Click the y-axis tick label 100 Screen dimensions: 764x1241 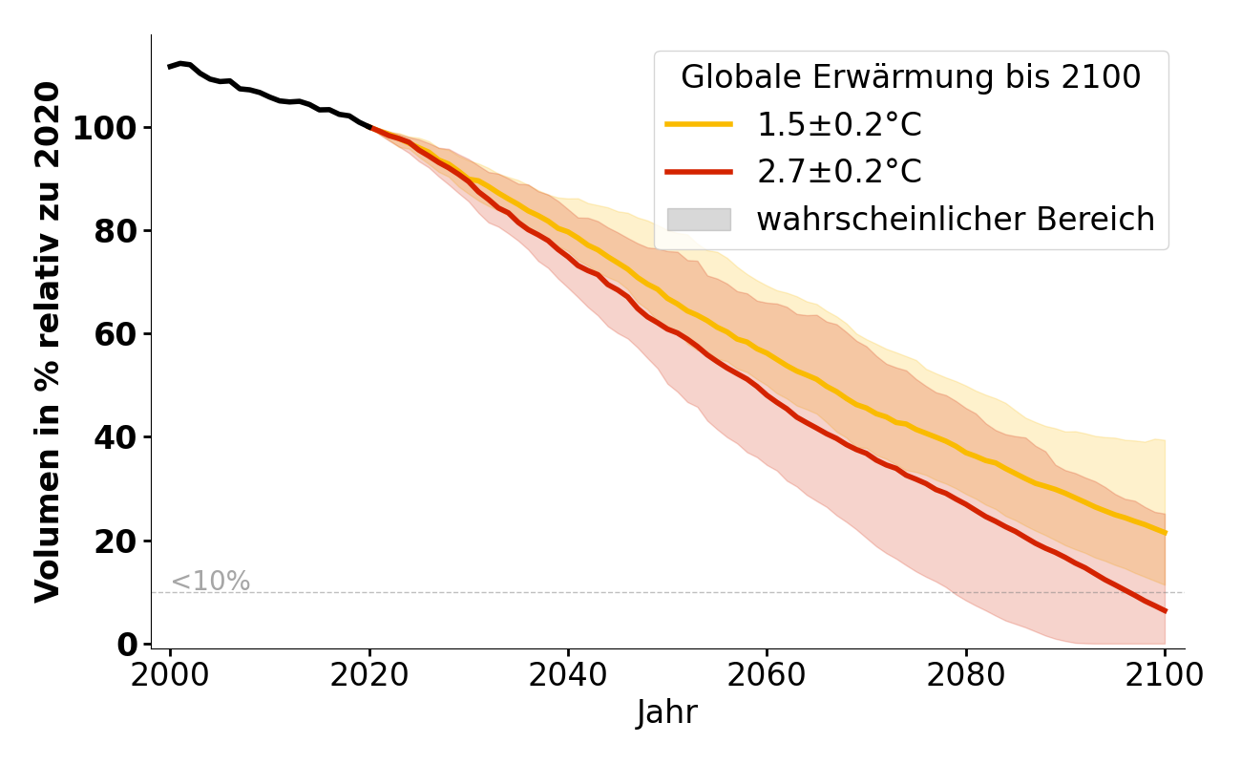point(104,128)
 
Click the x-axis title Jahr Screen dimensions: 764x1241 point(666,713)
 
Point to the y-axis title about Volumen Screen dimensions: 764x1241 point(48,341)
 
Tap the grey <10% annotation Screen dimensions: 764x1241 point(210,582)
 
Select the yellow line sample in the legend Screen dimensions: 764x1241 point(699,124)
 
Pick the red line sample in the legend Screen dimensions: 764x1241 point(699,172)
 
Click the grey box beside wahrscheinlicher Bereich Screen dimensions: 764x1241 point(699,220)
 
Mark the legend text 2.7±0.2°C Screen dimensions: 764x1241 point(839,172)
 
